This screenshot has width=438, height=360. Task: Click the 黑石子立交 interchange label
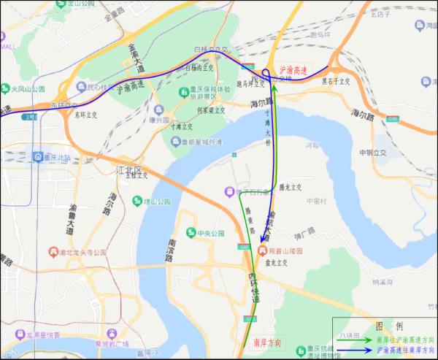(x=339, y=82)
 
